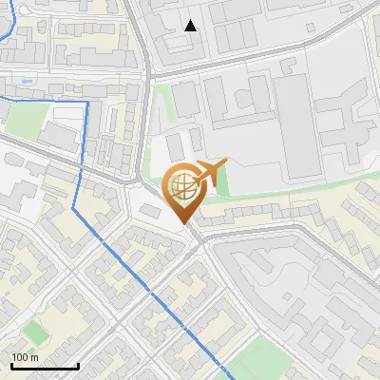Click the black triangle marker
coord(190,26)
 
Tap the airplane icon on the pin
coord(210,174)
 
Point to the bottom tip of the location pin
coord(184,223)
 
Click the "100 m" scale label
coord(25,358)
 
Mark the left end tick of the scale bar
coord(10,366)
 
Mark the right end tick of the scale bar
coord(77,366)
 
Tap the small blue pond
coord(25,82)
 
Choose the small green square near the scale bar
coord(35,332)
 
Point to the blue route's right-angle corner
coord(87,101)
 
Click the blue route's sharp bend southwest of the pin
coord(74,207)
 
